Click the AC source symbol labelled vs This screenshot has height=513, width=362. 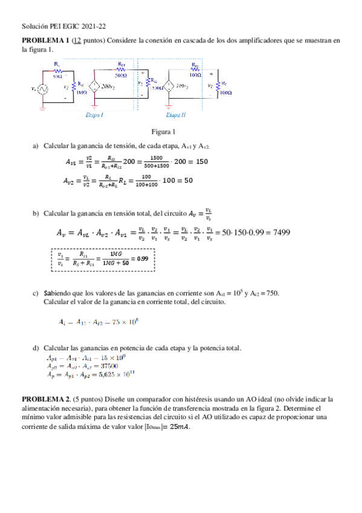[x=43, y=89]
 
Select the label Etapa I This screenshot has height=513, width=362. [x=94, y=114]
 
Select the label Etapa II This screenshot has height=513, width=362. [x=175, y=114]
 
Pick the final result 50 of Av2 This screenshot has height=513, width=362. [x=189, y=180]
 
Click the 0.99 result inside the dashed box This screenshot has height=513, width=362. [x=143, y=258]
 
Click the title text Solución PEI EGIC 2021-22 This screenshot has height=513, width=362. [x=63, y=27]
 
